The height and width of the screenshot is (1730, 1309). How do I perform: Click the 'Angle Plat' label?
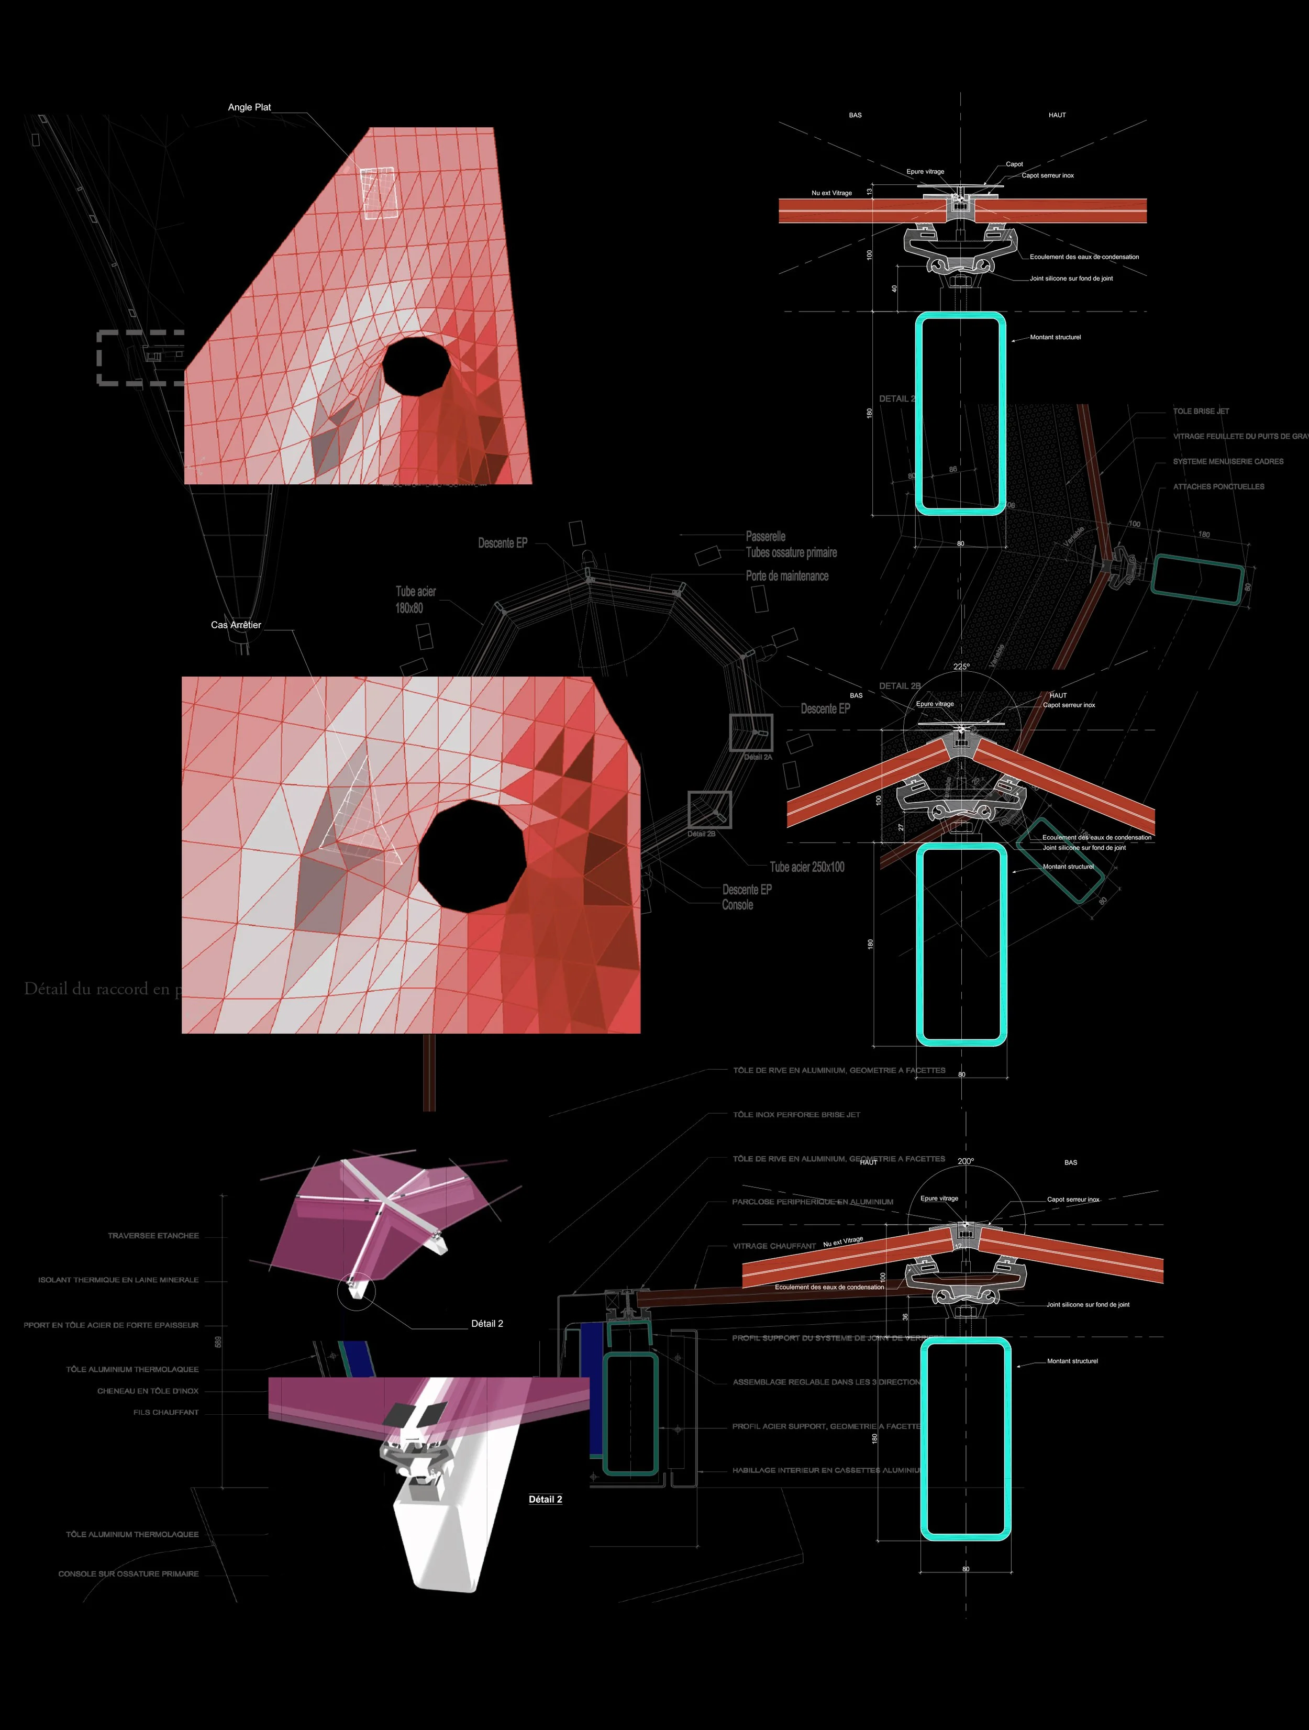[249, 107]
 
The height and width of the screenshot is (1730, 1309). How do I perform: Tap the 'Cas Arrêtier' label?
[236, 625]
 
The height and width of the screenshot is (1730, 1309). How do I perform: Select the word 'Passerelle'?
[766, 537]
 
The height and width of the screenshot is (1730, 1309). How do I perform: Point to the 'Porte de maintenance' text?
[786, 575]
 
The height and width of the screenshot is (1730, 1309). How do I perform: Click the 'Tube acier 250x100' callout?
[807, 867]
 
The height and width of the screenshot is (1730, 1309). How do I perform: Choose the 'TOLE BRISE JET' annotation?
[1200, 412]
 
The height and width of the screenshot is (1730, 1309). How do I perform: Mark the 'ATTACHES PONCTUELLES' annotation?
[1218, 486]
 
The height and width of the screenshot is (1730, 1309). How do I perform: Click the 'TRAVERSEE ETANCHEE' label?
[153, 1236]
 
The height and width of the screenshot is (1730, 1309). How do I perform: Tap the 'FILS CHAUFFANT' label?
[166, 1413]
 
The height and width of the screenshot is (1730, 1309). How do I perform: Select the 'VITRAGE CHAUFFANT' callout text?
[774, 1246]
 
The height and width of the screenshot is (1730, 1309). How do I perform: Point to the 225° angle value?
[961, 667]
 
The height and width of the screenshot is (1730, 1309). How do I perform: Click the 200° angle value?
[966, 1161]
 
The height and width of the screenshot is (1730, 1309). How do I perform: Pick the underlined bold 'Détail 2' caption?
[545, 1499]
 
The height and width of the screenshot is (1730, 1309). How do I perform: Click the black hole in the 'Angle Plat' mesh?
[416, 364]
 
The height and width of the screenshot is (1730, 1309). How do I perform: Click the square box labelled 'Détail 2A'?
[751, 733]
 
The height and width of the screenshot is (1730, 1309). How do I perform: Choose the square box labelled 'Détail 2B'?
[709, 809]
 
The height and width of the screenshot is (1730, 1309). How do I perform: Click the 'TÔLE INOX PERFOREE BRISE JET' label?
[796, 1114]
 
